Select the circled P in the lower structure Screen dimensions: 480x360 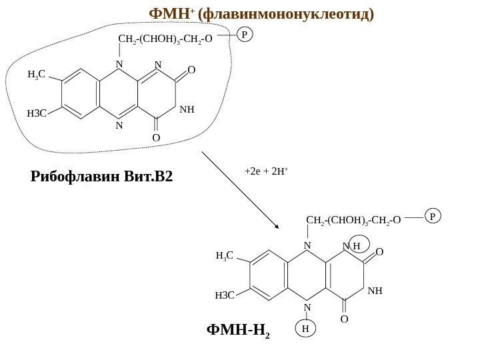coord(433,216)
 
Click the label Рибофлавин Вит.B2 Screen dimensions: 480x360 coord(101,177)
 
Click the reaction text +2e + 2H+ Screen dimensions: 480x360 coord(267,171)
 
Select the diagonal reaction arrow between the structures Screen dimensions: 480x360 coord(240,189)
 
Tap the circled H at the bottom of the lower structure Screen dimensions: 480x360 coord(305,329)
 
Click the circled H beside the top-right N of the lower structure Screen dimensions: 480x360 coord(358,245)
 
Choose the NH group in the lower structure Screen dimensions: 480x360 coord(375,291)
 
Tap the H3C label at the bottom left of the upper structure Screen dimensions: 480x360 coord(37,113)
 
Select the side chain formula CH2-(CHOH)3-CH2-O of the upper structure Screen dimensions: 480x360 coord(165,38)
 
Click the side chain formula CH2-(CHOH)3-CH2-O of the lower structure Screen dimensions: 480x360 coord(353,219)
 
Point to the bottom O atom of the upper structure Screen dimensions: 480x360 coord(156,138)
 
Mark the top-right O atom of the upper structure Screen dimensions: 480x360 coord(191,70)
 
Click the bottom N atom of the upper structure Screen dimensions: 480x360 coord(119,125)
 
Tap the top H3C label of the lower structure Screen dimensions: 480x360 coord(225,255)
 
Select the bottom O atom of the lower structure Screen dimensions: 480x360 coord(344,319)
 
